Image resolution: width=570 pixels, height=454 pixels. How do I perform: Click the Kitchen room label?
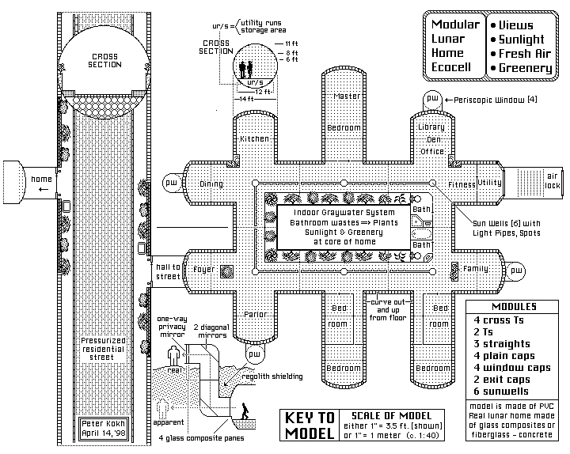click(254, 139)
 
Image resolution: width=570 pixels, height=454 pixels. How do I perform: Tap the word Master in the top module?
click(346, 96)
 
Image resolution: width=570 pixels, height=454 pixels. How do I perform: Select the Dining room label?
click(211, 184)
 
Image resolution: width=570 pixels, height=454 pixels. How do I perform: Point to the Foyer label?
click(204, 270)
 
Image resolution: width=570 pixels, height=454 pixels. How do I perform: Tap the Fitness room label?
click(462, 184)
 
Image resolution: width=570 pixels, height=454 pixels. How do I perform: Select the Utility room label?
click(489, 183)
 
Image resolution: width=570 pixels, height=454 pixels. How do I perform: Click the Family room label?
click(475, 270)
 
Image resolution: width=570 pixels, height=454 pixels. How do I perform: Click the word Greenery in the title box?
click(525, 68)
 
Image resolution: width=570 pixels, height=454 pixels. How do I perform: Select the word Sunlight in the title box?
click(522, 39)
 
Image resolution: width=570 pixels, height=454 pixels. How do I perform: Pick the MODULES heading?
click(513, 307)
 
